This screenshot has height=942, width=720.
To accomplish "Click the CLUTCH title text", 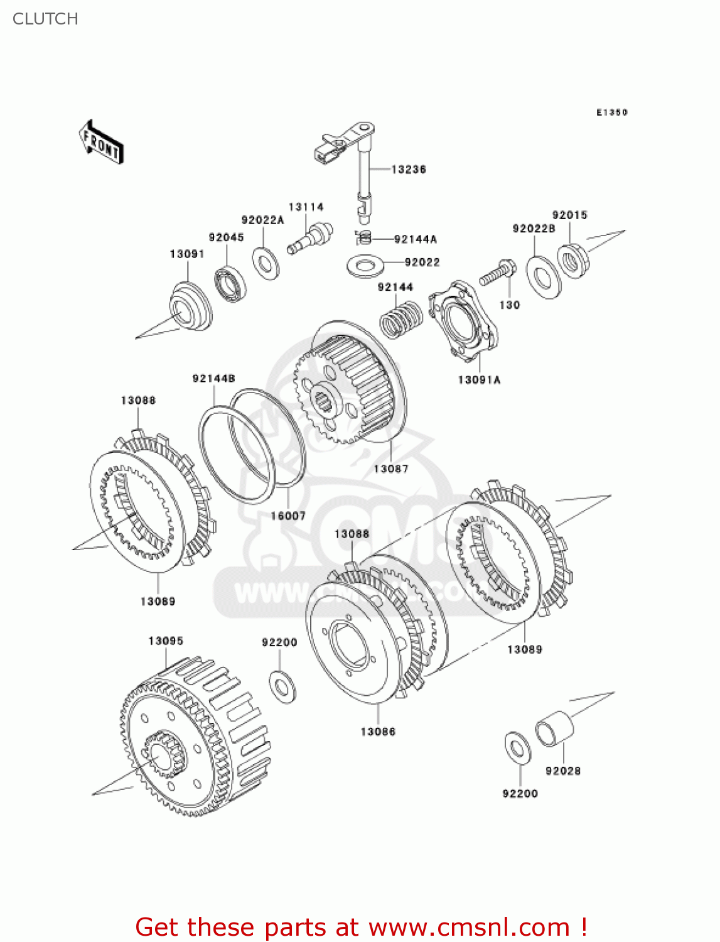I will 45,19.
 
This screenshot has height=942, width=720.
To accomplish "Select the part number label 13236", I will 408,170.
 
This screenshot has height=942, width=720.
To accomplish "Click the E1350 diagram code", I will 611,112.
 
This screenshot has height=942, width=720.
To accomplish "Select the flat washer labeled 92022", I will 365,264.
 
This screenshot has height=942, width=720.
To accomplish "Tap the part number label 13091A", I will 479,380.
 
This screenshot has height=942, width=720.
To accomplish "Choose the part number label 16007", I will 288,516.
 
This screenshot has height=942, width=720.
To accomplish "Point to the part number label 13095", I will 166,641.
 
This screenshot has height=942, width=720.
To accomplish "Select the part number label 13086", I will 378,732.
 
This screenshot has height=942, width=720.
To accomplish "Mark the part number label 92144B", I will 213,378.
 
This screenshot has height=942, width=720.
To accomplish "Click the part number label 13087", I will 390,468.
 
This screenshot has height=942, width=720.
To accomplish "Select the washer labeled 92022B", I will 544,277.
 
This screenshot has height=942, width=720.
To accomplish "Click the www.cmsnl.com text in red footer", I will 470,927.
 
